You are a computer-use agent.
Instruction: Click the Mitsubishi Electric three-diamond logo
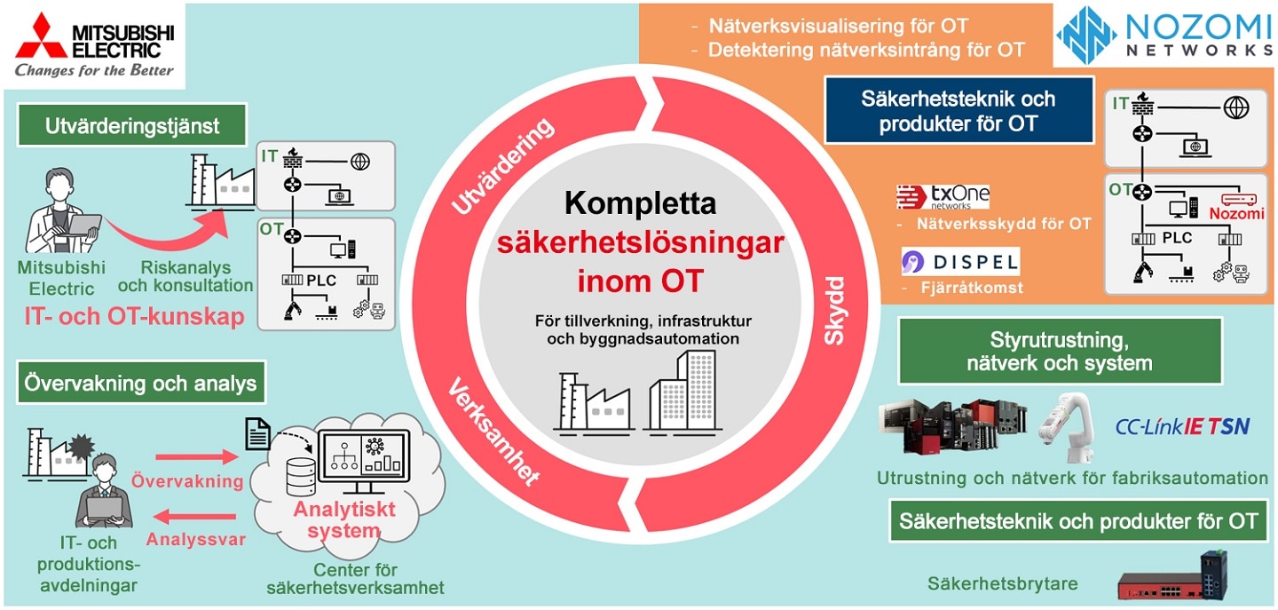click(41, 36)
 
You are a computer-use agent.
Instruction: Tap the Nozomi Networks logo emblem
click(1085, 35)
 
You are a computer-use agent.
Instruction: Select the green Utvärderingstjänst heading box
click(131, 125)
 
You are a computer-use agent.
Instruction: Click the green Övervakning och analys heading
click(141, 383)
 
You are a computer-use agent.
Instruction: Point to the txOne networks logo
click(943, 197)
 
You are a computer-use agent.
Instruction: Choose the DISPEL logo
click(960, 261)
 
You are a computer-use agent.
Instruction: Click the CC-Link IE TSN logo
click(1182, 426)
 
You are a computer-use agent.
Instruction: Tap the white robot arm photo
click(1067, 427)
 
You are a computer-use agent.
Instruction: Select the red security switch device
click(1171, 577)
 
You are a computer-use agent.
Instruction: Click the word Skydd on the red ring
click(834, 311)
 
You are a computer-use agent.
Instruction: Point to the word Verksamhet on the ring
click(493, 432)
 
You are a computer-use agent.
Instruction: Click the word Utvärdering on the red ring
click(502, 165)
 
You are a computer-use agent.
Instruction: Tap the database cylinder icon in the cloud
click(301, 477)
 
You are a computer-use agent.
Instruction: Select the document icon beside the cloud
click(257, 433)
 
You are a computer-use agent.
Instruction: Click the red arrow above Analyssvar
click(194, 517)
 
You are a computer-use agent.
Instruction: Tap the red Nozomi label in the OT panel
click(1236, 213)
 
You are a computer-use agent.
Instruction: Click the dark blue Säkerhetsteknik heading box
click(958, 110)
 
